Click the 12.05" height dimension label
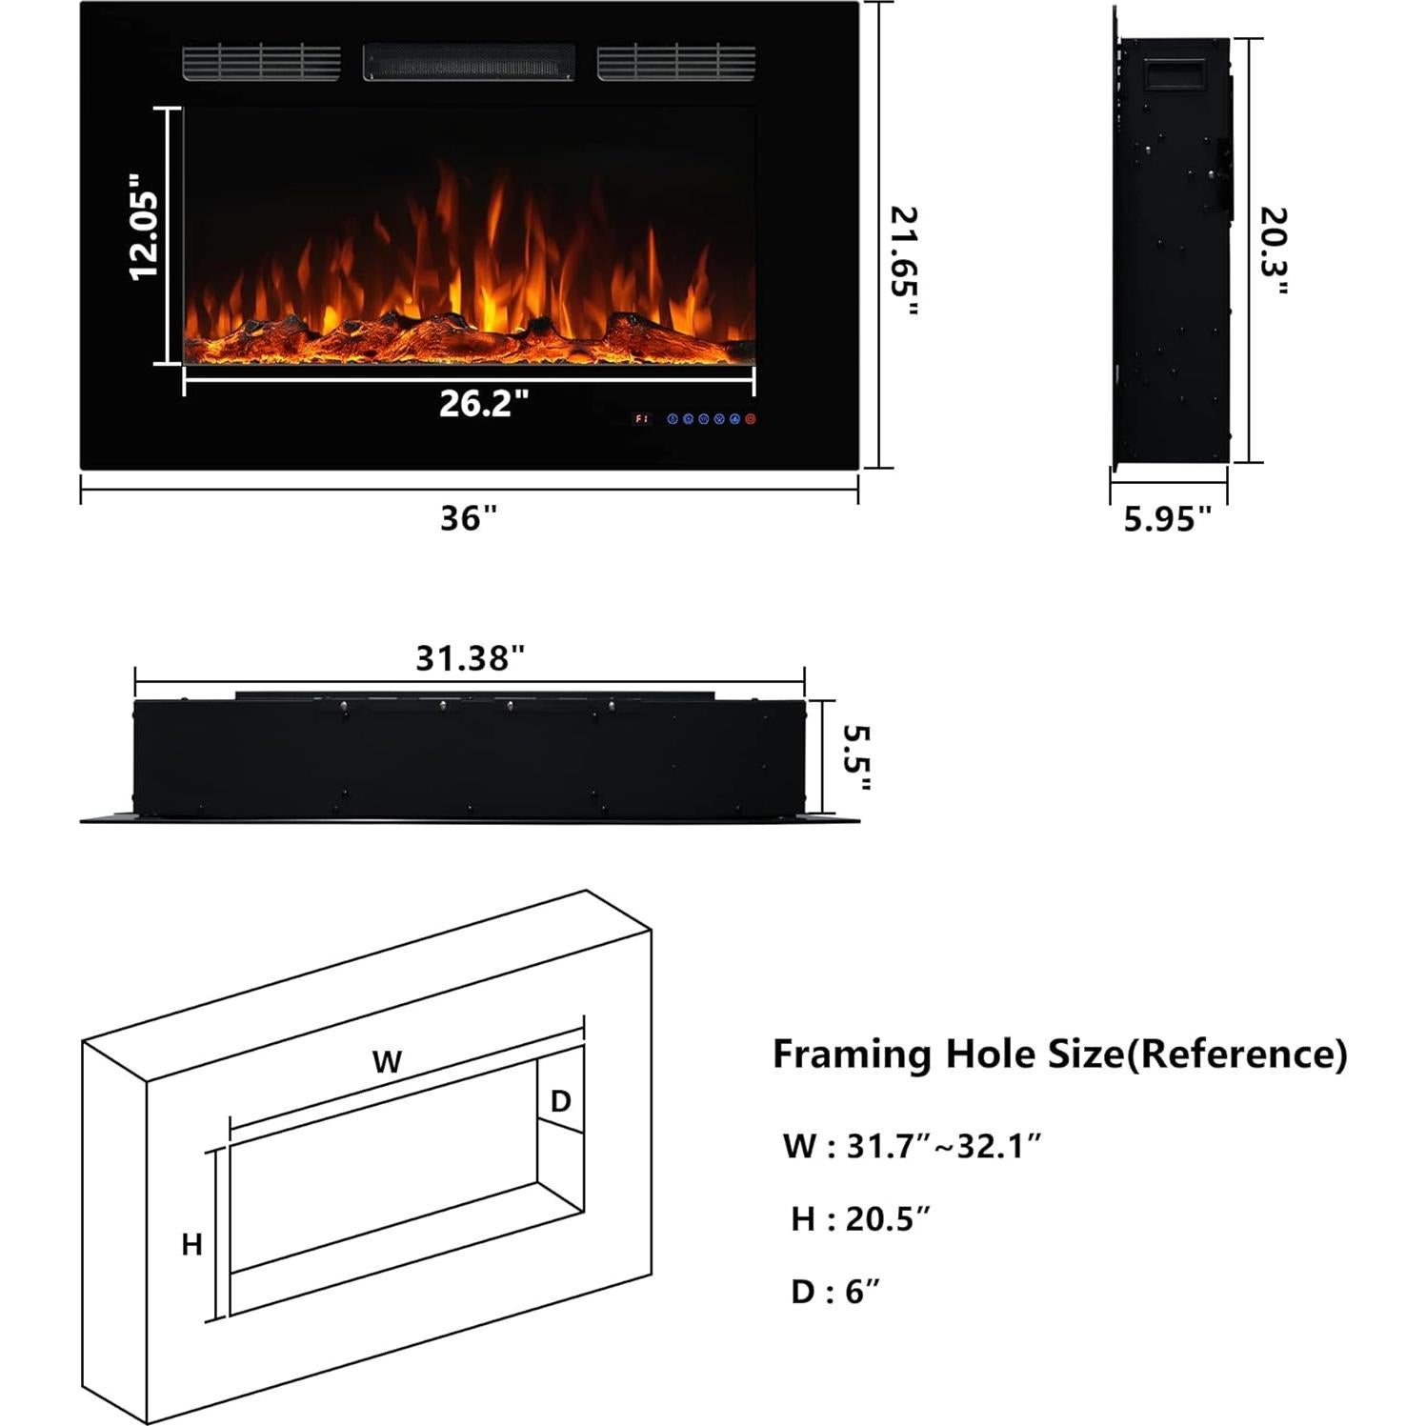(145, 227)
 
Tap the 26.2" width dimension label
(483, 404)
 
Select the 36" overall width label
(469, 519)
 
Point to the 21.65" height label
(904, 262)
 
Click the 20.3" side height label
(1274, 252)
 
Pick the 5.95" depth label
(1167, 519)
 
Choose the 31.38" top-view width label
(470, 658)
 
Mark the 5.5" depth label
(856, 757)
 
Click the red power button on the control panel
(751, 418)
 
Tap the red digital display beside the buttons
(641, 418)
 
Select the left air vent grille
(261, 62)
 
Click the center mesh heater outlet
(469, 62)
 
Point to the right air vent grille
(676, 62)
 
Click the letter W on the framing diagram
(387, 1061)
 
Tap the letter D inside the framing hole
(561, 1101)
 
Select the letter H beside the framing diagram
(191, 1244)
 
